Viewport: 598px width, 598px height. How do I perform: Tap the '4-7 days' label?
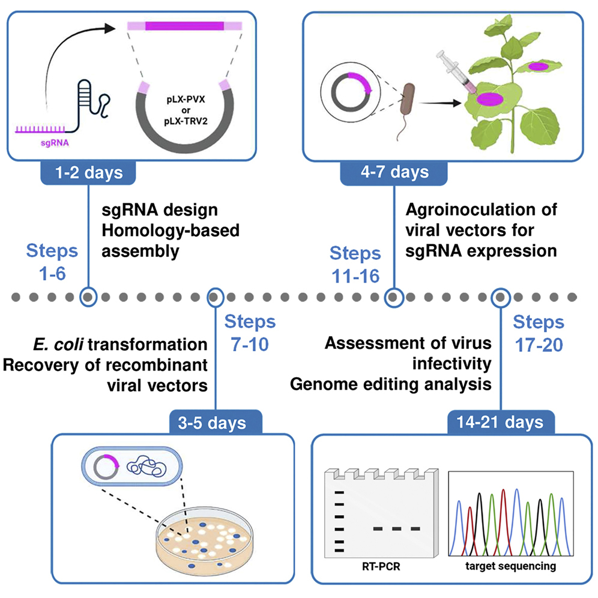(x=394, y=173)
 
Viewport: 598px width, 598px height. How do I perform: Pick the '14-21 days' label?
(x=499, y=422)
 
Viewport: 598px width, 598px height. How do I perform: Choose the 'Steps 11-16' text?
(x=355, y=265)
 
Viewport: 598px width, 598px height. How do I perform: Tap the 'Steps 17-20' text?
(x=539, y=333)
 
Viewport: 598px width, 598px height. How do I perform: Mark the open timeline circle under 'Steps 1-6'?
(x=89, y=297)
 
